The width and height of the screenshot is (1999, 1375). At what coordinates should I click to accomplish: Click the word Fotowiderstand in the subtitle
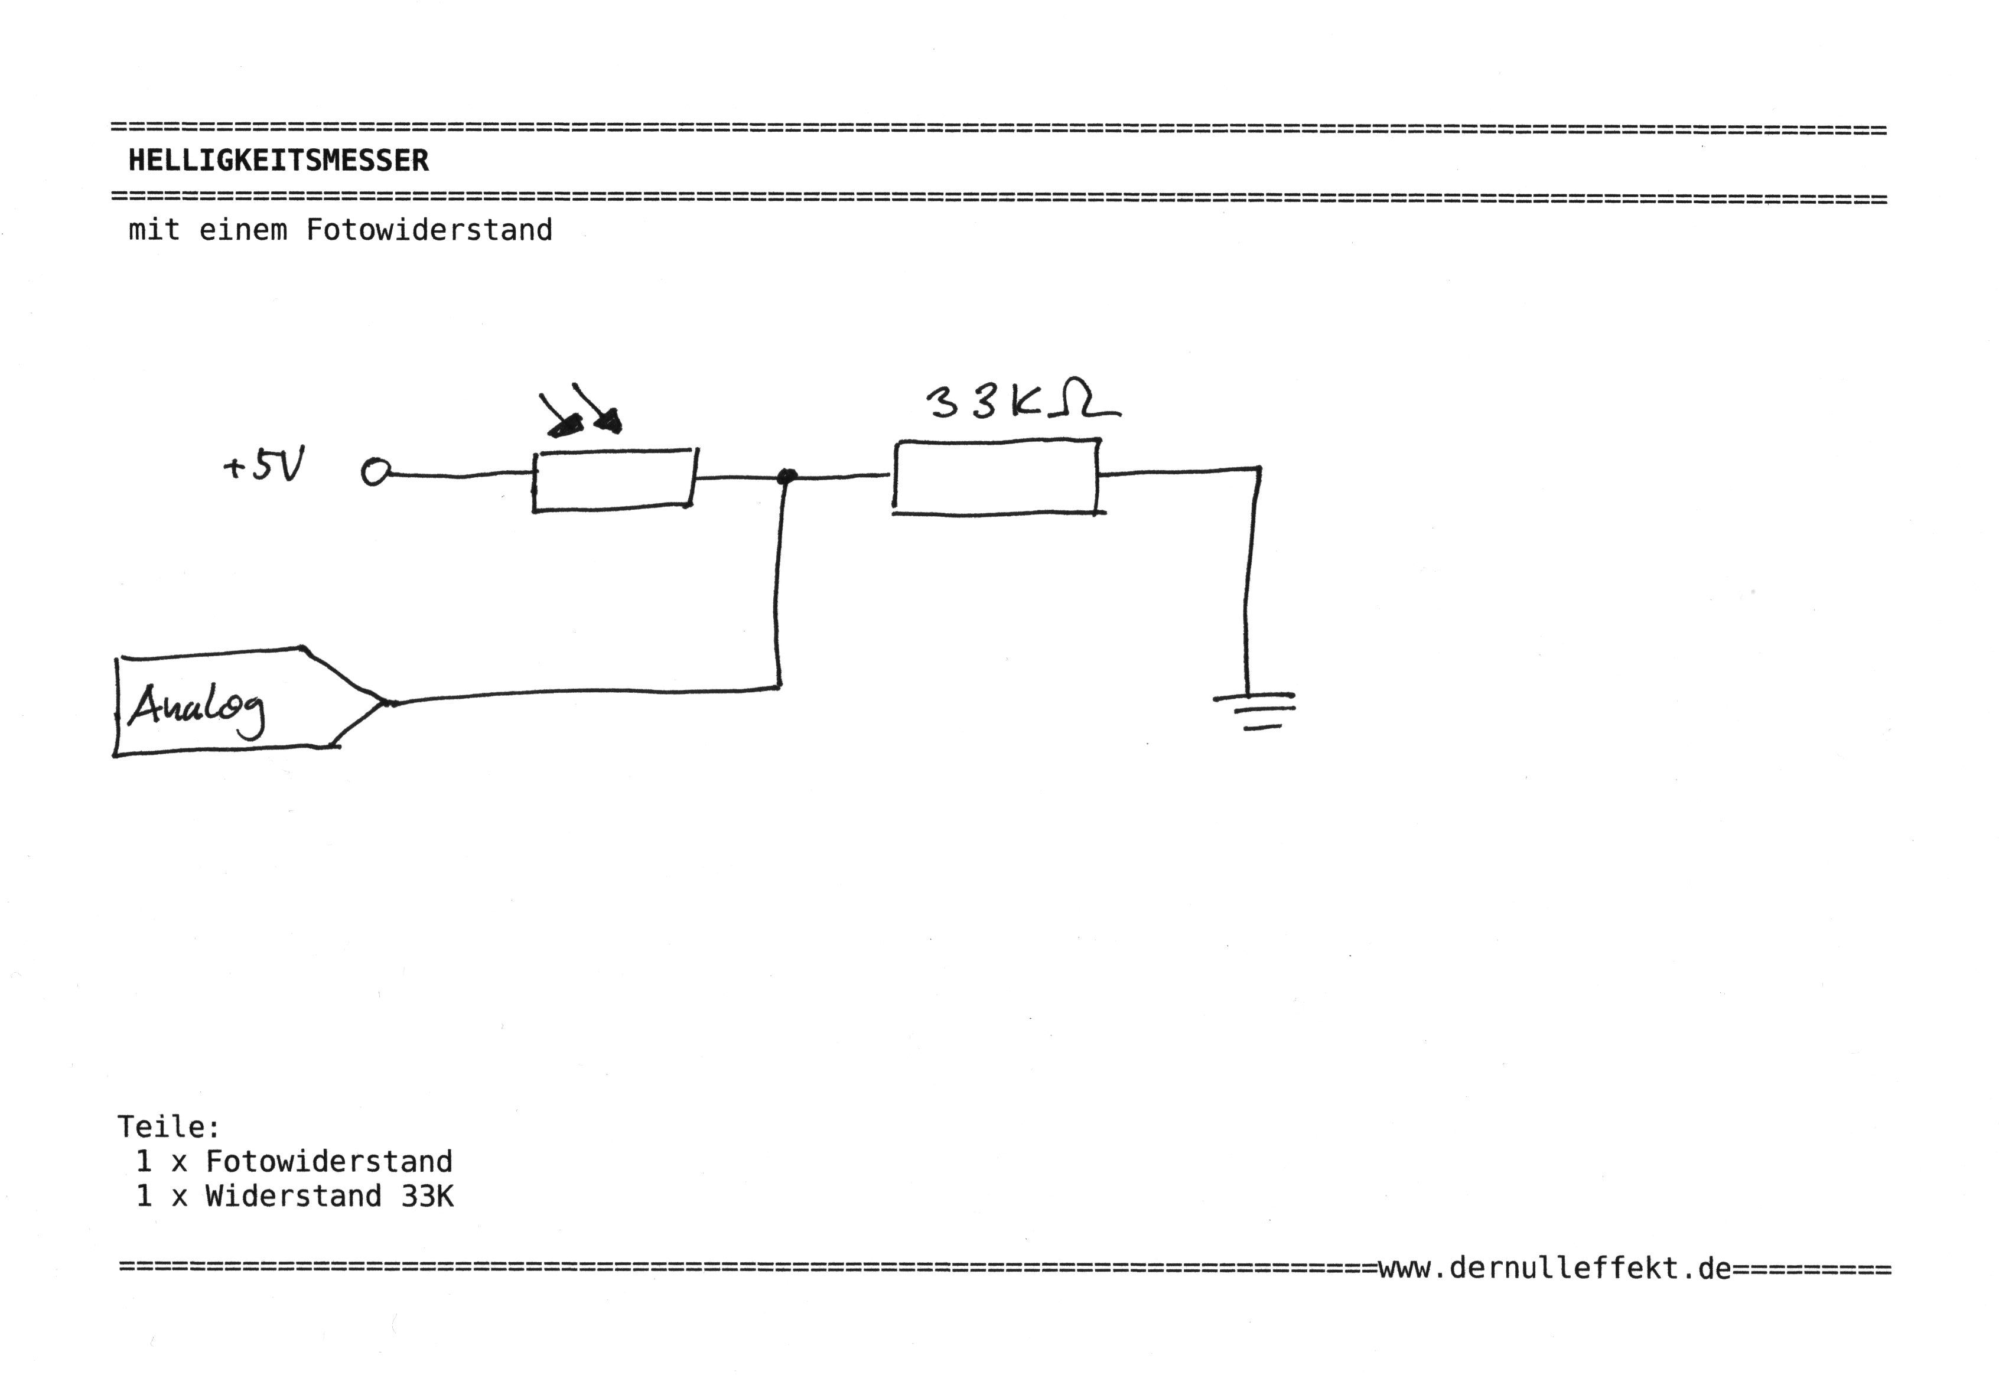[x=429, y=230]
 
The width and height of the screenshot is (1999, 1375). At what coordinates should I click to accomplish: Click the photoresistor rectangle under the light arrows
[x=614, y=480]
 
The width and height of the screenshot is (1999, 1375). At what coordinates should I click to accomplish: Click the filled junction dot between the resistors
[x=786, y=475]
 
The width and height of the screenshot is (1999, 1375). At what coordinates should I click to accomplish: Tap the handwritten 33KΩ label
[x=1021, y=400]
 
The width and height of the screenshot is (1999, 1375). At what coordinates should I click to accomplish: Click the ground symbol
[x=1255, y=709]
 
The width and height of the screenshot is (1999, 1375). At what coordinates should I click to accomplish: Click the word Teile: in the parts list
[x=169, y=1127]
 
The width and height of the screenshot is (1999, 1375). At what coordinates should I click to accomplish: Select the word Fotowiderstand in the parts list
[x=328, y=1161]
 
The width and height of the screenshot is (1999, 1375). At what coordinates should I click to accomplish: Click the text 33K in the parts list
[x=427, y=1196]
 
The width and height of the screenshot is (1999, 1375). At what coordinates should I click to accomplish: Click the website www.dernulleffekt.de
[x=1554, y=1268]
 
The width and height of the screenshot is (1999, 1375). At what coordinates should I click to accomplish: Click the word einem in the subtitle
[x=243, y=230]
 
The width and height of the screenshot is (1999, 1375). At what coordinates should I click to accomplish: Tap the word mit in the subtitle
[x=154, y=230]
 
